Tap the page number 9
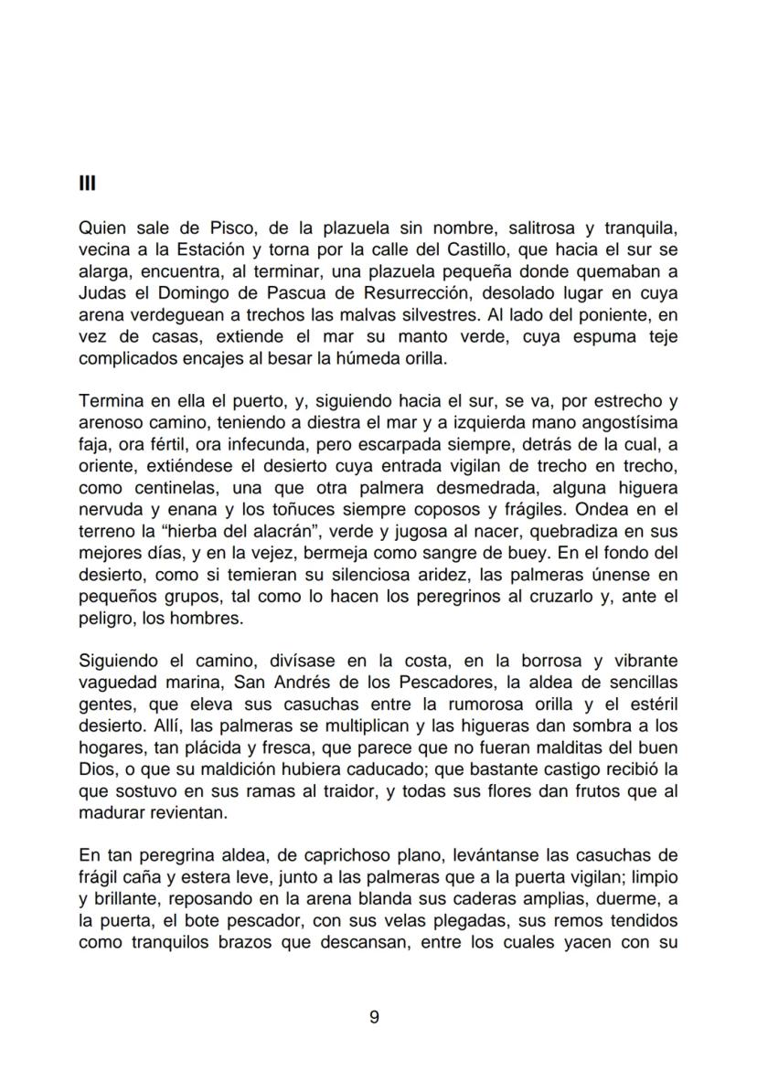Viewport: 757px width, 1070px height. click(374, 1017)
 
